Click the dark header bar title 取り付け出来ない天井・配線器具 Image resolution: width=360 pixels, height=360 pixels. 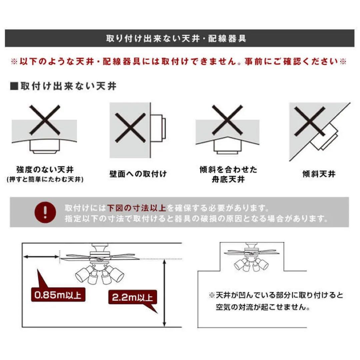pyautogui.click(x=176, y=39)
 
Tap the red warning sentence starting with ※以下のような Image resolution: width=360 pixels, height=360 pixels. pyautogui.click(x=178, y=62)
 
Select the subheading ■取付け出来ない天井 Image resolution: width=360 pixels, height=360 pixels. pyautogui.click(x=64, y=86)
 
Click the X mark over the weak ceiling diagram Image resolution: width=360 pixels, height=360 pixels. pyautogui.click(x=45, y=120)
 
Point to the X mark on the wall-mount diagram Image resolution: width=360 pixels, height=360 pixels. pyautogui.click(x=130, y=128)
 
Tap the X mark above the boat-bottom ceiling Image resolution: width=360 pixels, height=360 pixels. pyautogui.click(x=227, y=120)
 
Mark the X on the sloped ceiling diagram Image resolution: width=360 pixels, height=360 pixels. pyautogui.click(x=309, y=121)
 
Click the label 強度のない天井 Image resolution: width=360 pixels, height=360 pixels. pyautogui.click(x=45, y=170)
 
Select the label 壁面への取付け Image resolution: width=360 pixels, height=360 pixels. pyautogui.click(x=138, y=174)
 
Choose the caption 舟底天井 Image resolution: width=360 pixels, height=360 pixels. pyautogui.click(x=228, y=179)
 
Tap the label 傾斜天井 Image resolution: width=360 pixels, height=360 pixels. pyautogui.click(x=319, y=174)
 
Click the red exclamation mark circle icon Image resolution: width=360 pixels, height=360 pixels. pyautogui.click(x=45, y=212)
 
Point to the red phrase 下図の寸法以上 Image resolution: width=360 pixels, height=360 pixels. pyautogui.click(x=137, y=208)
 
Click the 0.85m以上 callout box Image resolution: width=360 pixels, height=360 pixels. pyautogui.click(x=58, y=295)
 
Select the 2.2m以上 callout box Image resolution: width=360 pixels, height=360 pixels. pyautogui.click(x=132, y=297)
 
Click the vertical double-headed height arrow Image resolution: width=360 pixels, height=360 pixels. pyautogui.click(x=164, y=293)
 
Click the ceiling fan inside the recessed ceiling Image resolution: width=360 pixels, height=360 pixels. pyautogui.click(x=252, y=258)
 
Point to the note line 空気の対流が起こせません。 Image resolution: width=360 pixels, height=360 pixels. pyautogui.click(x=263, y=307)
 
